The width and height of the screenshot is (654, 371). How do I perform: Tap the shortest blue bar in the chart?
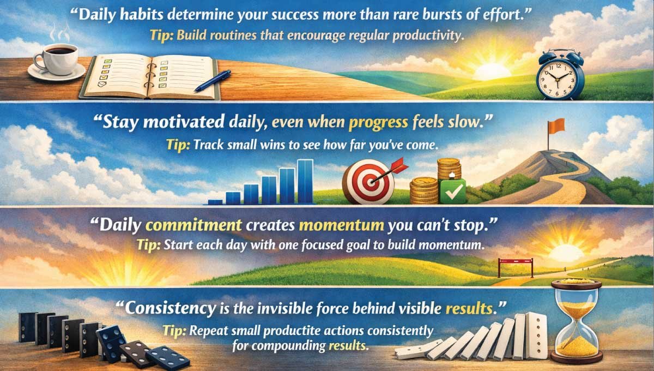(x=215, y=201)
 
